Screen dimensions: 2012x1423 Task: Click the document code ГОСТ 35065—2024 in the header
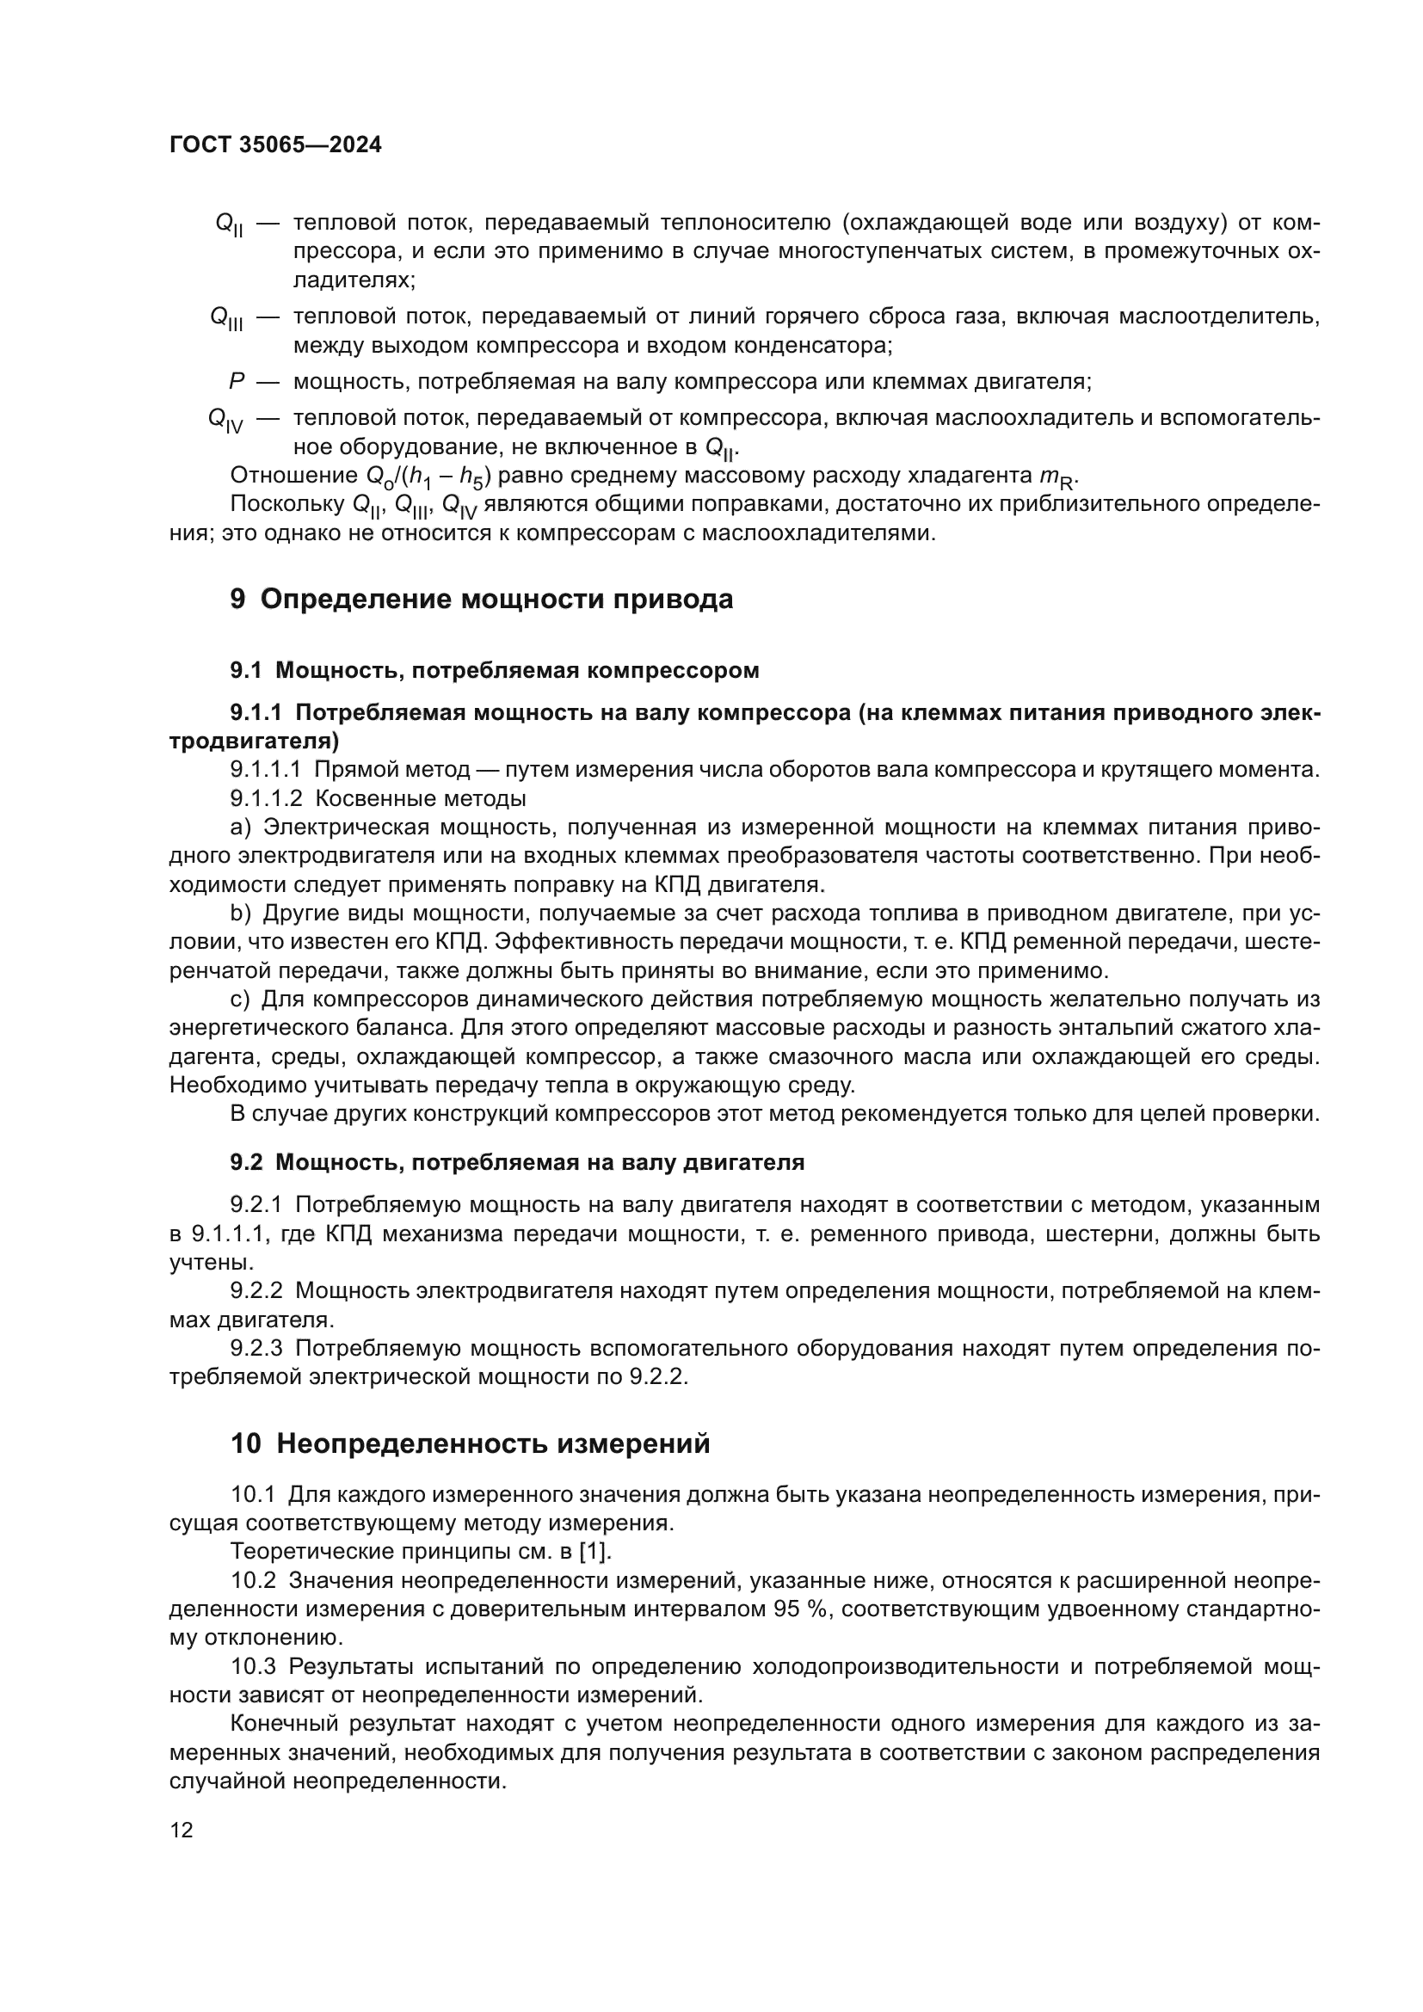click(x=275, y=145)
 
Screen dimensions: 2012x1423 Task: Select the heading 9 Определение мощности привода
click(x=481, y=600)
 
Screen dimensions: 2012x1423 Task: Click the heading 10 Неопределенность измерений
click(x=470, y=1443)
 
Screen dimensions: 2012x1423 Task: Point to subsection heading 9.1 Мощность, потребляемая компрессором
click(x=494, y=670)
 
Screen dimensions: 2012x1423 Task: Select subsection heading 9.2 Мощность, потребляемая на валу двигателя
click(x=517, y=1163)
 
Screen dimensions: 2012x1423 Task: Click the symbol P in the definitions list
click(x=235, y=382)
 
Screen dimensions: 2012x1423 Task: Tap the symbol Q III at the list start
click(x=227, y=319)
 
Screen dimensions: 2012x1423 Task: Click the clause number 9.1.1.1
click(x=266, y=769)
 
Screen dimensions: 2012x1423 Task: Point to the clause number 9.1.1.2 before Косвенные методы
click(x=266, y=798)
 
